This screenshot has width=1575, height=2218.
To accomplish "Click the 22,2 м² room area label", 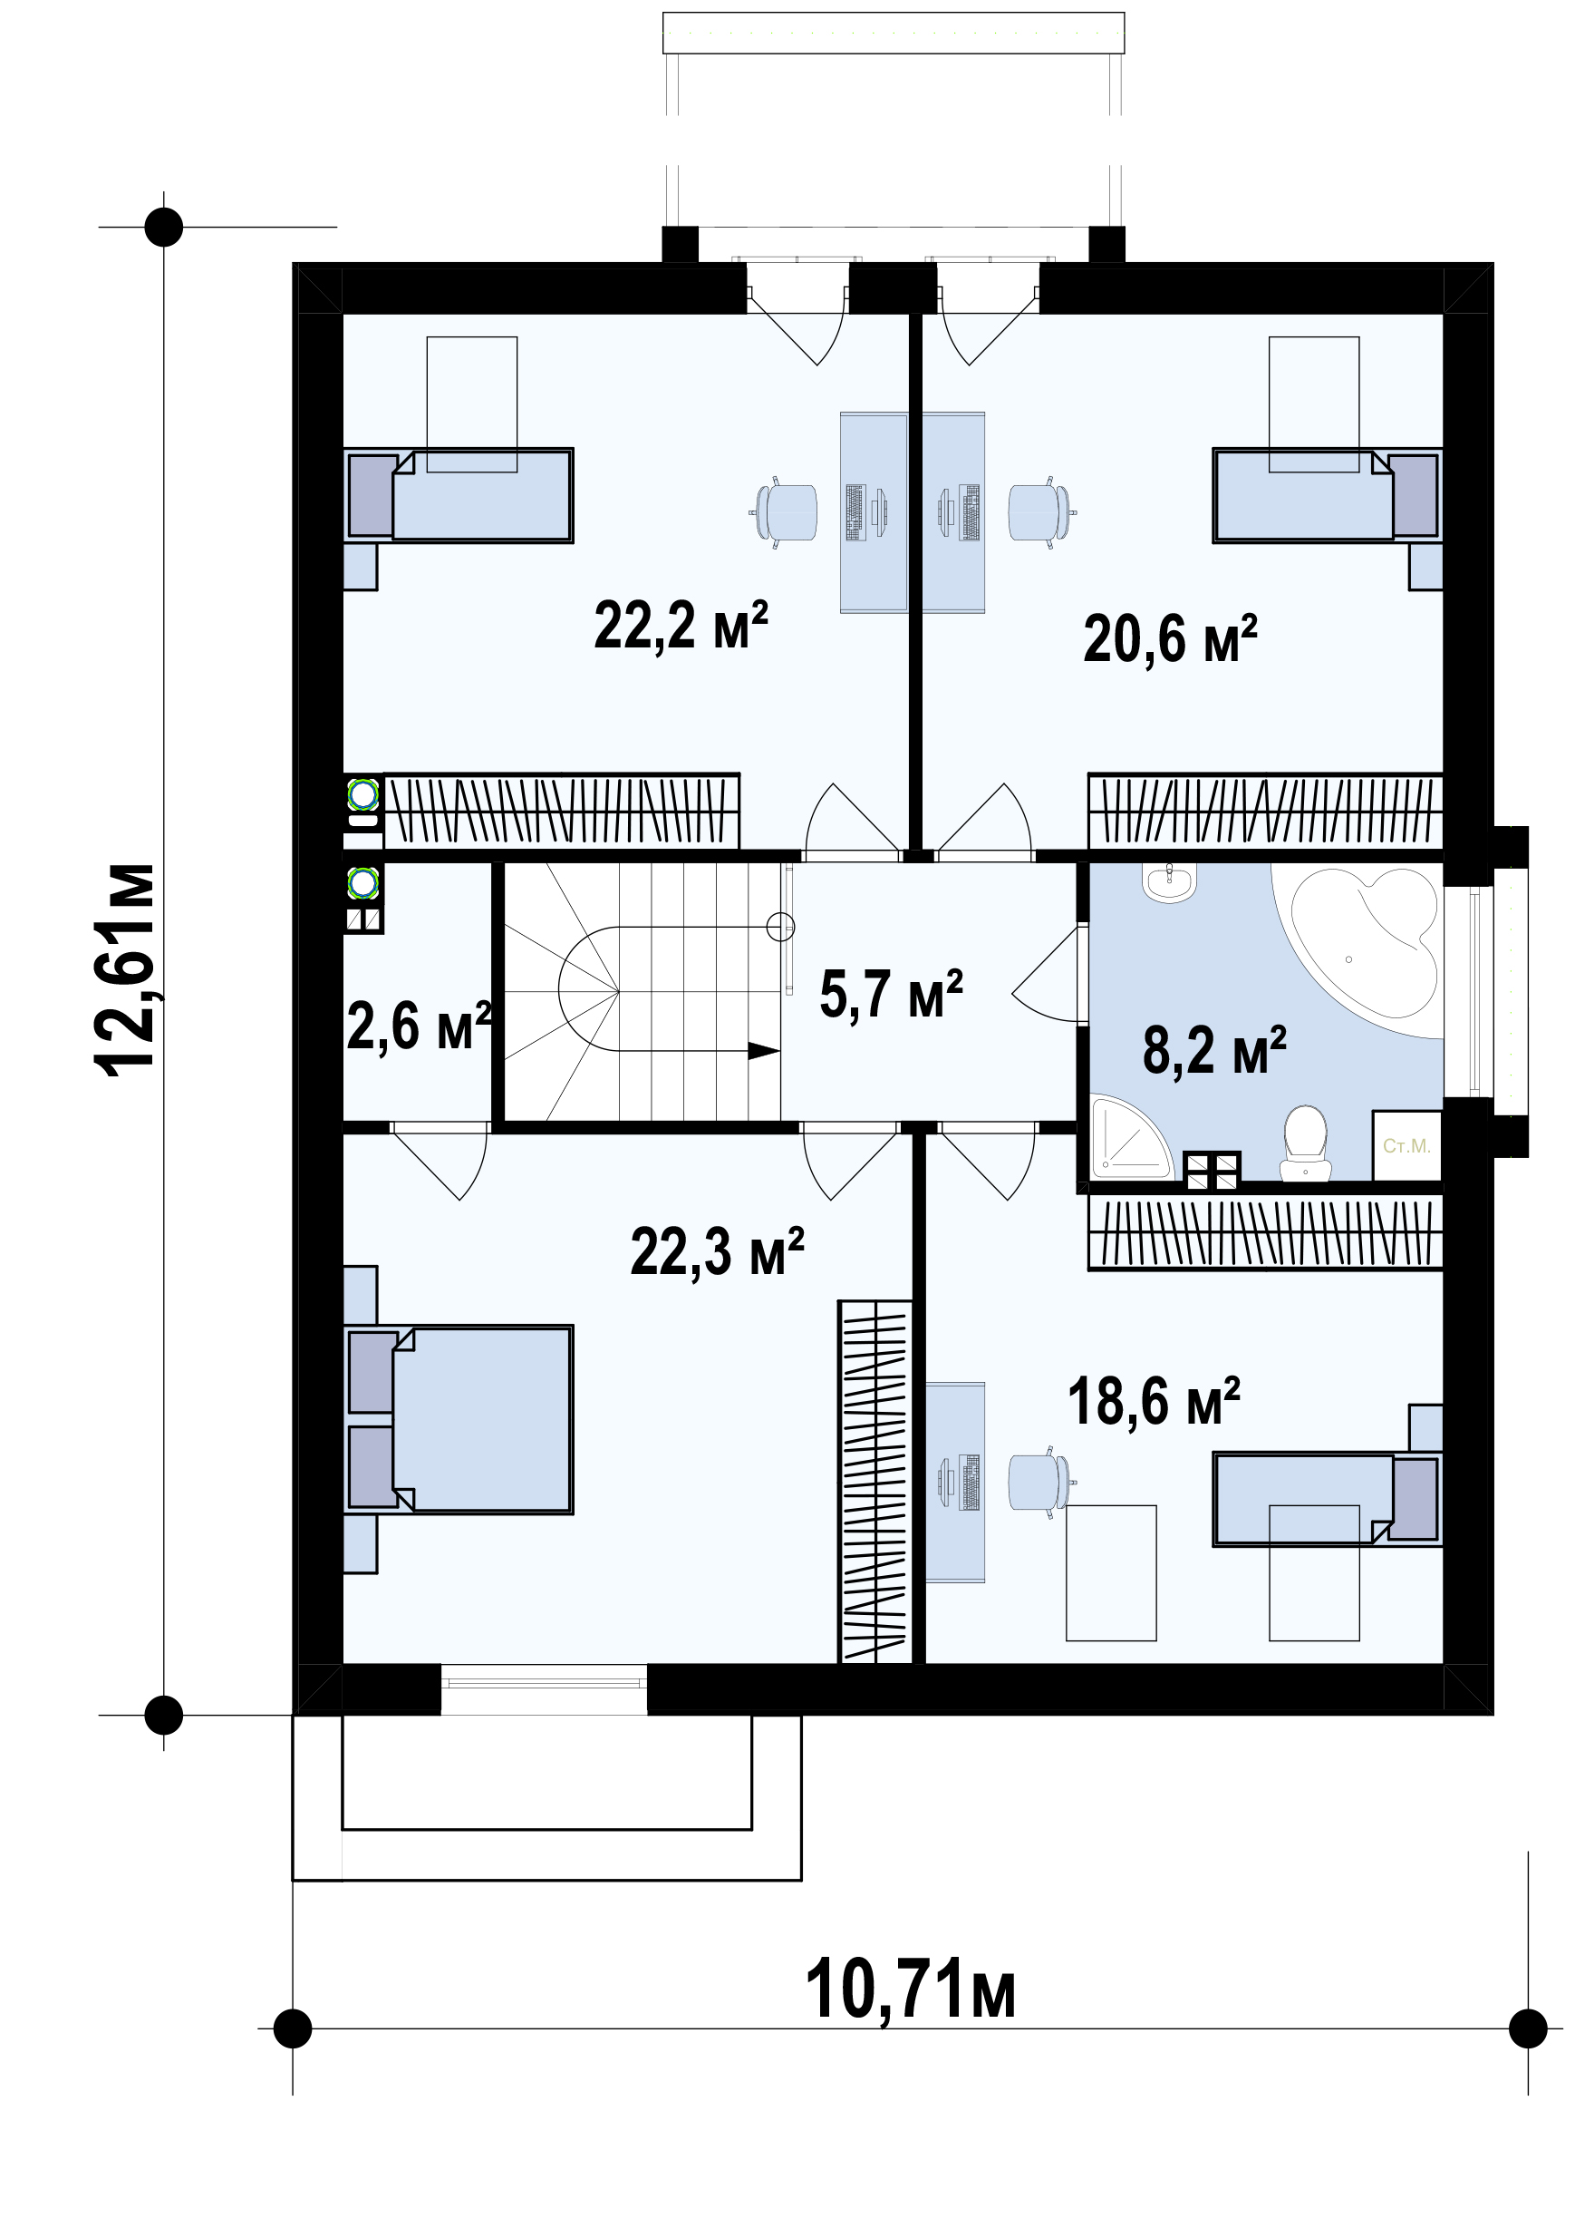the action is [681, 626].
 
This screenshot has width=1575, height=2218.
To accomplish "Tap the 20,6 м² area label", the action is [1170, 638].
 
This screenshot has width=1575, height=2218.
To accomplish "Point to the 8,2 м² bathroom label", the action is [1214, 1050].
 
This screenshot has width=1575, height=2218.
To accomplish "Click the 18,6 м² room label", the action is [1155, 1401].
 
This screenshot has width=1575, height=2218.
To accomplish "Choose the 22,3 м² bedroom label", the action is [718, 1250].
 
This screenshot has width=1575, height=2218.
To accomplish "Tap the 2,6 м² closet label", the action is [419, 1026].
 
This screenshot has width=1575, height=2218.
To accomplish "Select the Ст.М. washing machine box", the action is [1407, 1146].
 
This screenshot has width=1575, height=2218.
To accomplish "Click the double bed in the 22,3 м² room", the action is [459, 1418].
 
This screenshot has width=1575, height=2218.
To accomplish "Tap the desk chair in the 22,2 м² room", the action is [785, 511].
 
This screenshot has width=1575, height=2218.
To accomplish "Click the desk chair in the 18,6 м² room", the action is [1041, 1483].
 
